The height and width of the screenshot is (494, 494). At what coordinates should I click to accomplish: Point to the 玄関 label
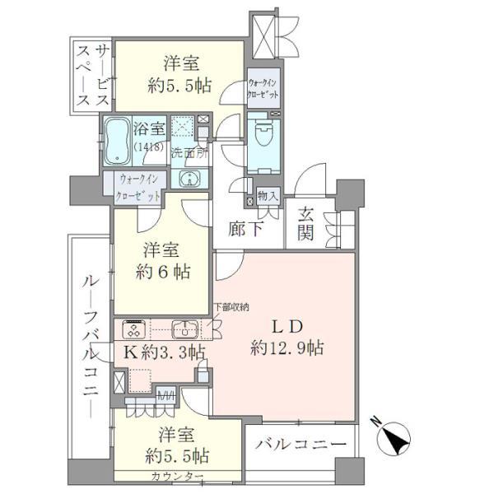(x=306, y=224)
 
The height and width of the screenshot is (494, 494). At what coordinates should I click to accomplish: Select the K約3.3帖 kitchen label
(x=164, y=353)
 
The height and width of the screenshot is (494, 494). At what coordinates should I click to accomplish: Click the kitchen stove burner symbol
(x=133, y=329)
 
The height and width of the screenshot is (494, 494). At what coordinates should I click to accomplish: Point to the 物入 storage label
(x=268, y=195)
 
